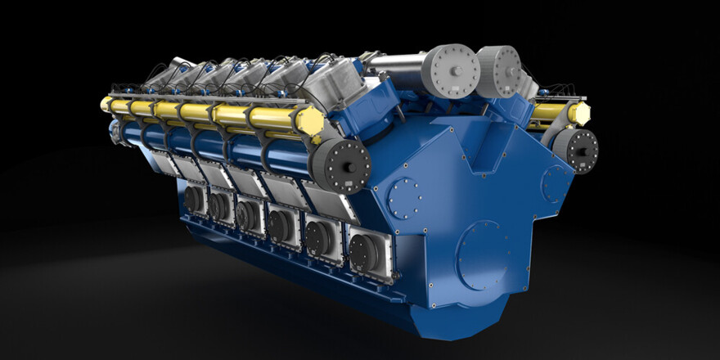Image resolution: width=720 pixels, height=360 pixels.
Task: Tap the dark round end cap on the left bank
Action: tap(338, 163)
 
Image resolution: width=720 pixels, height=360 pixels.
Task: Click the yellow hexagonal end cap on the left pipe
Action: tap(309, 121)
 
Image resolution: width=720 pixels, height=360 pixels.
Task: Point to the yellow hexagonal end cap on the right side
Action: tap(579, 113)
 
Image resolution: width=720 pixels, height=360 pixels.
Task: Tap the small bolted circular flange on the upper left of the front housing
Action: tap(405, 199)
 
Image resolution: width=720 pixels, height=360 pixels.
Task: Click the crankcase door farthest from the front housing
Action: tap(195, 199)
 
